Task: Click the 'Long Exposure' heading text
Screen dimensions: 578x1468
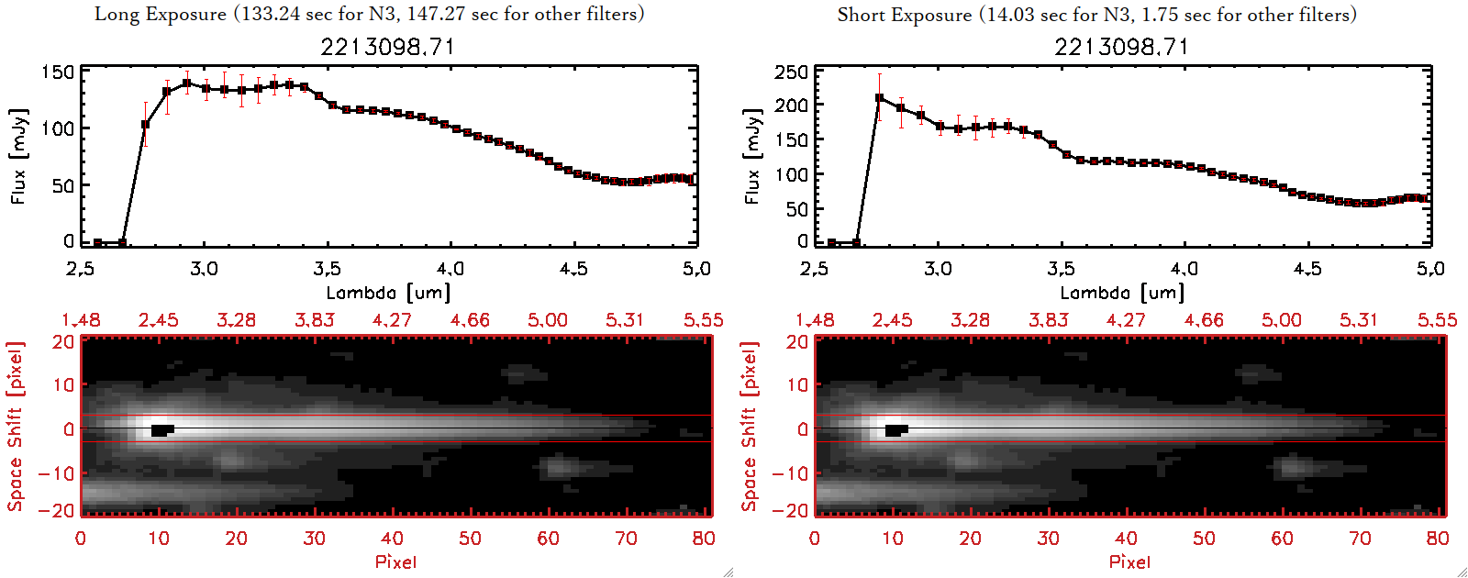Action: (161, 14)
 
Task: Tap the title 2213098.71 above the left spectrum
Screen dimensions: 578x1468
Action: (387, 47)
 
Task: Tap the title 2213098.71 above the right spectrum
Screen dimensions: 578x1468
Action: (1121, 47)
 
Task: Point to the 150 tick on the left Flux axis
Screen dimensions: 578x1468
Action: (58, 72)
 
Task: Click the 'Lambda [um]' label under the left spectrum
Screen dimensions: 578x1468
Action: (388, 293)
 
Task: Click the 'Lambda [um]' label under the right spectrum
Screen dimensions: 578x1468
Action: (1122, 293)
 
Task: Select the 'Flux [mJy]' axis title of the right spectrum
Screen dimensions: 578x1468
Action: (752, 156)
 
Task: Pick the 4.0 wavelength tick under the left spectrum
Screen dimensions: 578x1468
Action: (450, 269)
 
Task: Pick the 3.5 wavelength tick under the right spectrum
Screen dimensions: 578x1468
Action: (1061, 269)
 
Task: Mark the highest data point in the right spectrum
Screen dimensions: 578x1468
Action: (879, 98)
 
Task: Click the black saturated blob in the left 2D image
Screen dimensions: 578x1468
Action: (161, 430)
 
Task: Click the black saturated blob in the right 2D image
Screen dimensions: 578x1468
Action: (895, 430)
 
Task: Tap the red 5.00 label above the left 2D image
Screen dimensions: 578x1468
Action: (548, 320)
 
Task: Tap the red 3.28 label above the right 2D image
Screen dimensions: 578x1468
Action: (970, 320)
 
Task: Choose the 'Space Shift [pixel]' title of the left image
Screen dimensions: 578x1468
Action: (16, 427)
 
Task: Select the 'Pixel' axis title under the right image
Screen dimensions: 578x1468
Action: (1129, 561)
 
